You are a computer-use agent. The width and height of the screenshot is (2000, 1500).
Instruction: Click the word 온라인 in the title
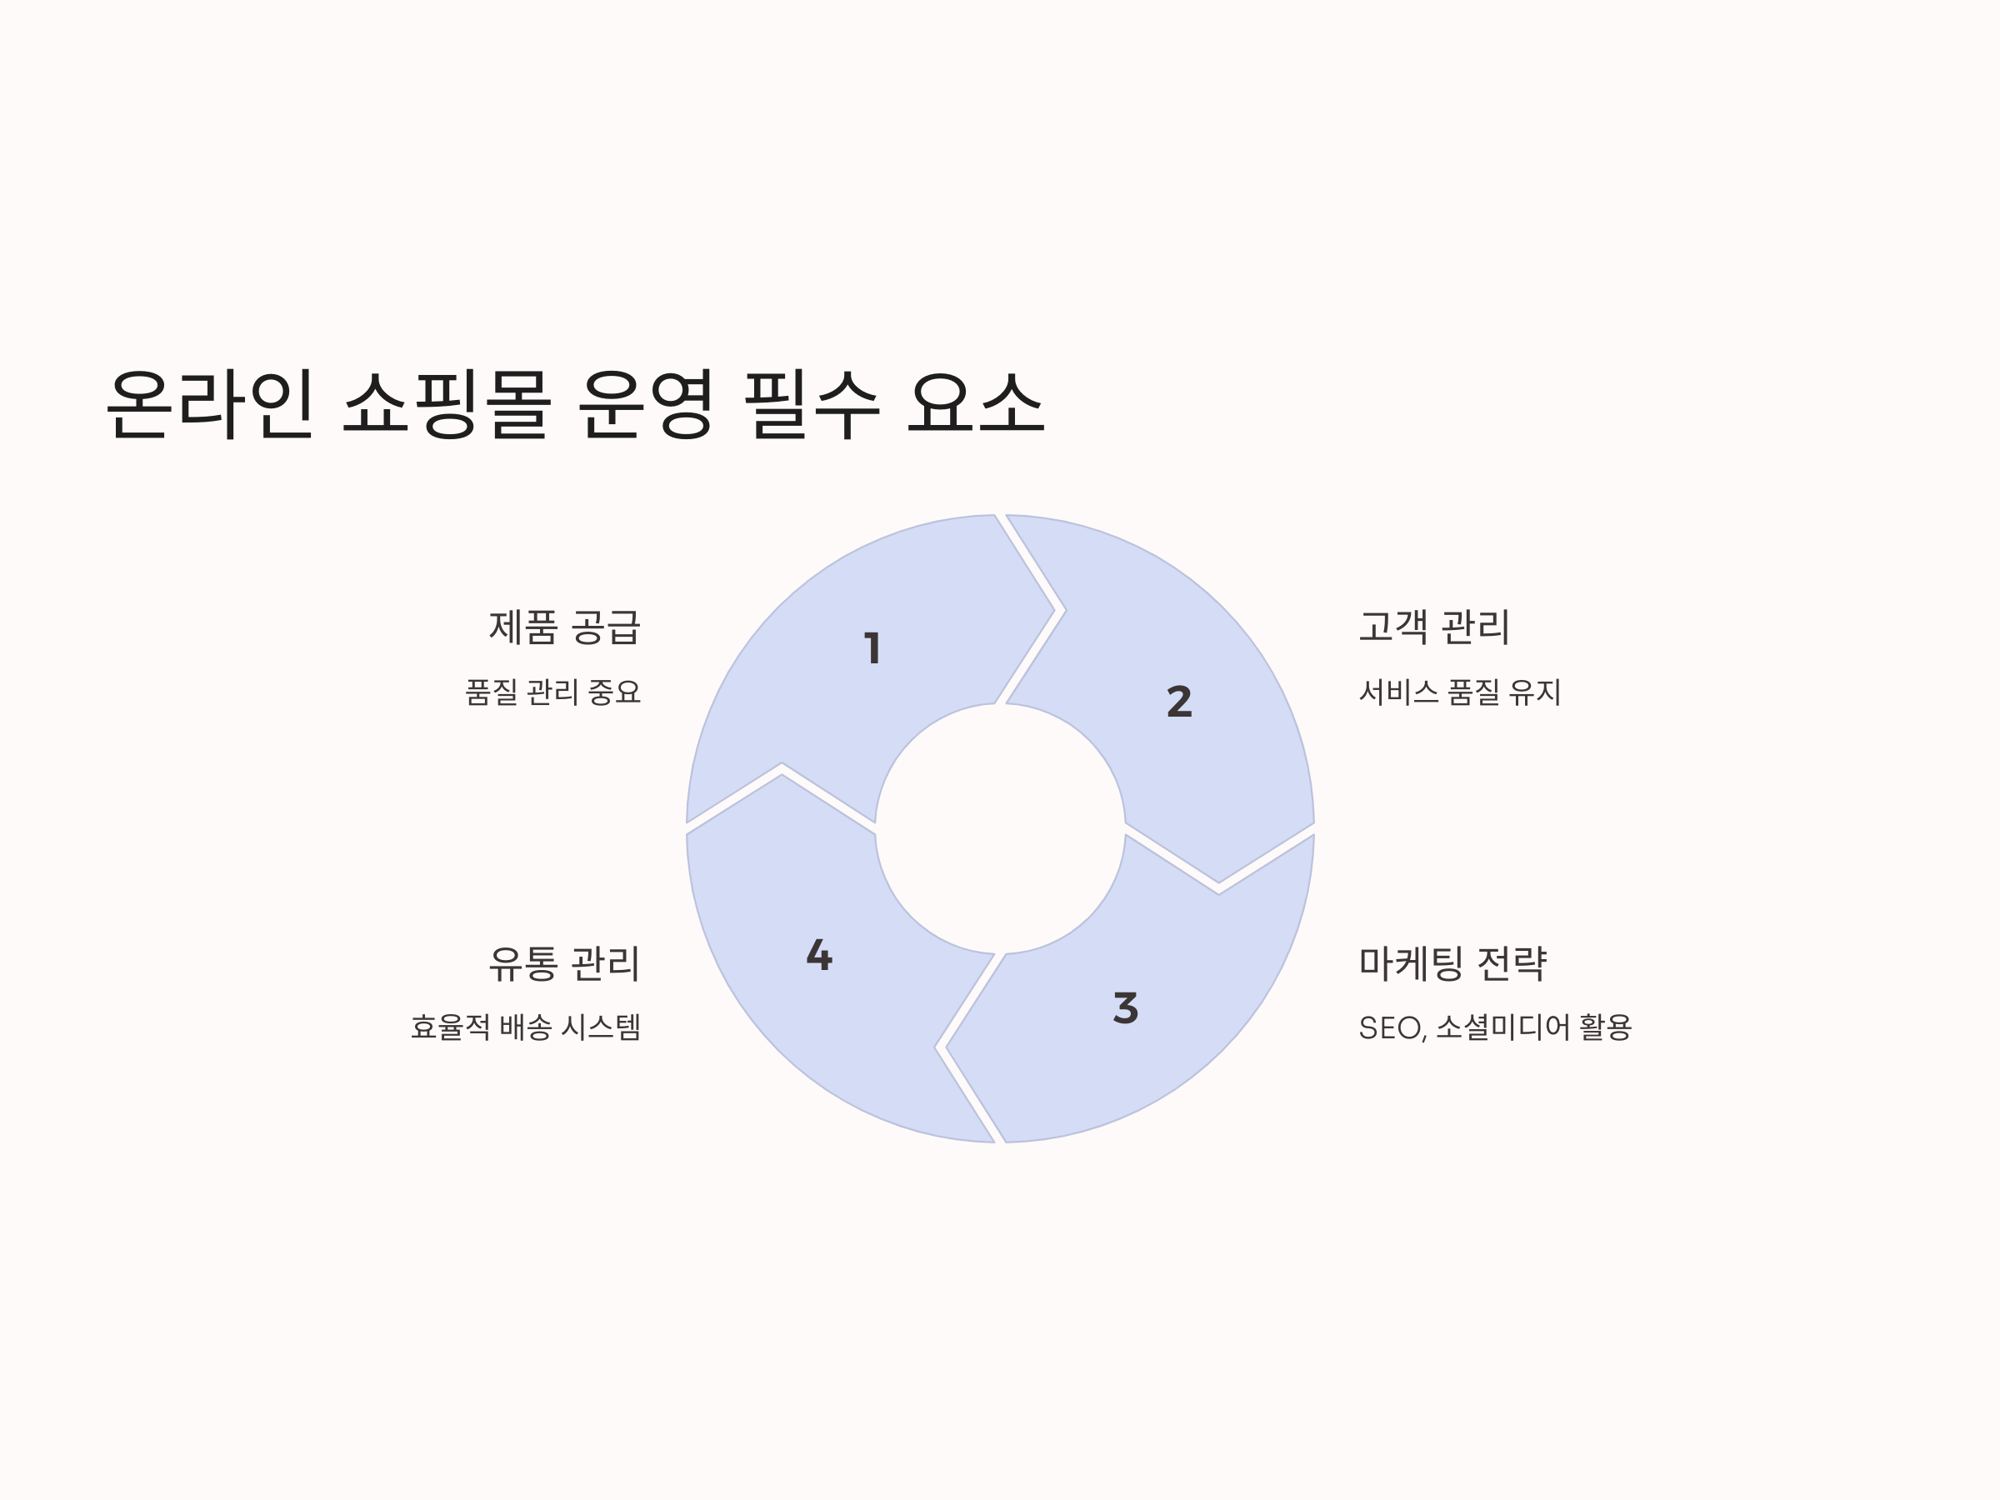pyautogui.click(x=210, y=404)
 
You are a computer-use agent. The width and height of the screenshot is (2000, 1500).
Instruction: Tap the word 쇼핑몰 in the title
pyautogui.click(x=447, y=404)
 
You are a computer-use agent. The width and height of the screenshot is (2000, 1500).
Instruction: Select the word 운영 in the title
pyautogui.click(x=646, y=404)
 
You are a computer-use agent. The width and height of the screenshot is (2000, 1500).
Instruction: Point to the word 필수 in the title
pyautogui.click(x=811, y=404)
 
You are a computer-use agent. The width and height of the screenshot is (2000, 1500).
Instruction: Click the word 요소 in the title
pyautogui.click(x=977, y=404)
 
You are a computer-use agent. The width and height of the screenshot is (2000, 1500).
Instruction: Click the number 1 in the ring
pyautogui.click(x=872, y=648)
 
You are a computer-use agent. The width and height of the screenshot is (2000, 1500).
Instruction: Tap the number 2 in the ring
pyautogui.click(x=1179, y=702)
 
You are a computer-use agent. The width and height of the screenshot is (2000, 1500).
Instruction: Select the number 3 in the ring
pyautogui.click(x=1126, y=1008)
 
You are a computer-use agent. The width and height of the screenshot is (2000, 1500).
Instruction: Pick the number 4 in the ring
pyautogui.click(x=819, y=955)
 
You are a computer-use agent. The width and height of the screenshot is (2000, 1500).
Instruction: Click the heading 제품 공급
pyautogui.click(x=564, y=627)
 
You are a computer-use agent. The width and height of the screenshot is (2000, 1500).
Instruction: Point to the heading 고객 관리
pyautogui.click(x=1434, y=627)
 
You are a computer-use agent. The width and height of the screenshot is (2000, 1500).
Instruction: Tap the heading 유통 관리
pyautogui.click(x=564, y=963)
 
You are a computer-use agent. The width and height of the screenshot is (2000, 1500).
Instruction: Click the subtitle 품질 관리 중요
pyautogui.click(x=552, y=692)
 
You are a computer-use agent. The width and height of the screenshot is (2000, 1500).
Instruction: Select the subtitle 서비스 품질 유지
pyautogui.click(x=1460, y=692)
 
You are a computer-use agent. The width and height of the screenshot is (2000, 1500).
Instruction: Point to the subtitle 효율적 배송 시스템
pyautogui.click(x=525, y=1027)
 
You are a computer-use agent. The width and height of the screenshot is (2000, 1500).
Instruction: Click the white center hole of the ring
pyautogui.click(x=1000, y=828)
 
